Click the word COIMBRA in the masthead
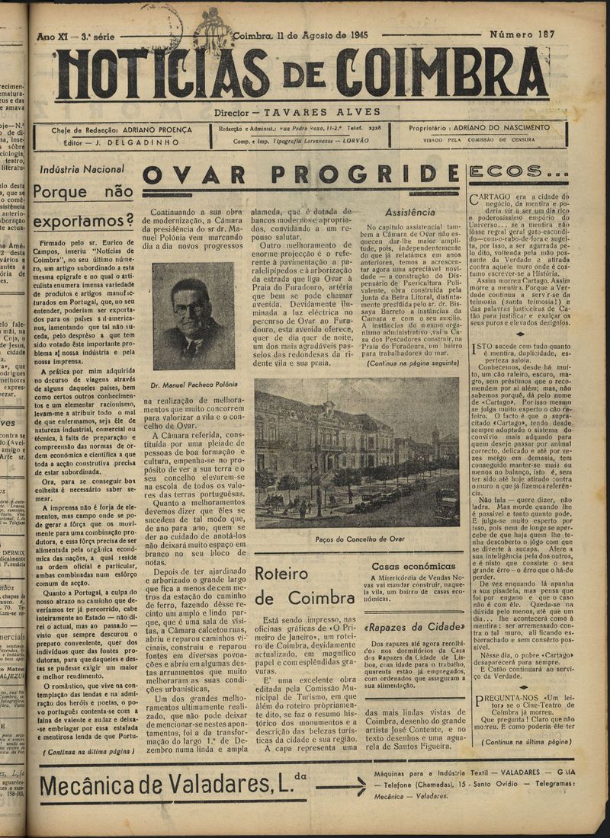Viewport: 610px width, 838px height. [x=442, y=73]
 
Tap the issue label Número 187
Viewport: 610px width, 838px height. [x=522, y=36]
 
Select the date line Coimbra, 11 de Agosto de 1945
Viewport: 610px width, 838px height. [x=301, y=36]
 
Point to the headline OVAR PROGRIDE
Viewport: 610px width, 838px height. [x=301, y=176]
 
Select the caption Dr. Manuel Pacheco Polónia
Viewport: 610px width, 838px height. [x=194, y=384]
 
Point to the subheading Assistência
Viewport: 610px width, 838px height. [x=410, y=212]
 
